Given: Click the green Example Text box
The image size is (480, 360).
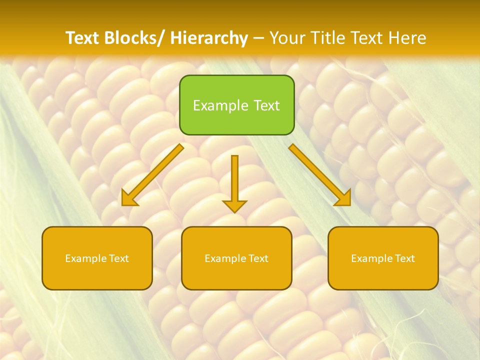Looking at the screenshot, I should tap(236, 105).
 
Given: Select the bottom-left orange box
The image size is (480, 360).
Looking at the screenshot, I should tap(97, 258).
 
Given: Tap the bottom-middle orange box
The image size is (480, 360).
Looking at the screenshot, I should tap(236, 258).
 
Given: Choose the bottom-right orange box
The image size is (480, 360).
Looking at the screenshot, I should tap(383, 258).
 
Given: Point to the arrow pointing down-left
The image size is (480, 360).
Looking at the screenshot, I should tap(152, 175).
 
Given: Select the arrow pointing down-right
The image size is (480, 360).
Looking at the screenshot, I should tap(320, 175).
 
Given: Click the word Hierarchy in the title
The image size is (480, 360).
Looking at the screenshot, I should tap(209, 38).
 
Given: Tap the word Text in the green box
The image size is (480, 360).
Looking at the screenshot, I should tap(266, 105).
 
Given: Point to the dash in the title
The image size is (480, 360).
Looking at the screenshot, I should tap(258, 38).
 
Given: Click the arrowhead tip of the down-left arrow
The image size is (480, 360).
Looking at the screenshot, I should tap(123, 204).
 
